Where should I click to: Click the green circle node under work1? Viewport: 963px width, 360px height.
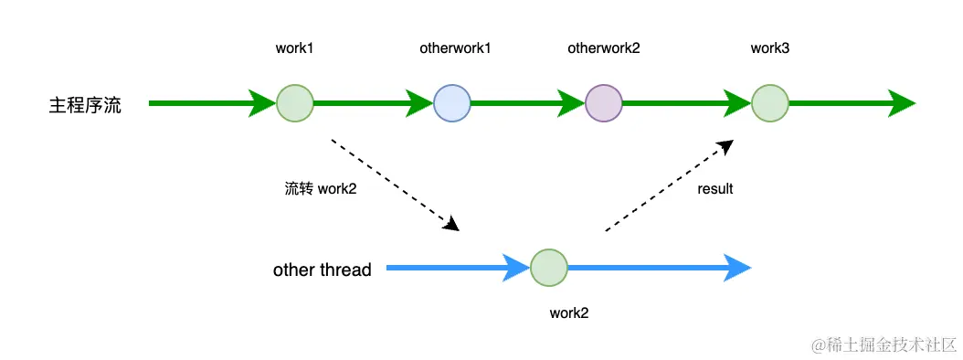(x=294, y=102)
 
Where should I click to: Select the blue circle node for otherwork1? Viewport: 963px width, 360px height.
(x=452, y=102)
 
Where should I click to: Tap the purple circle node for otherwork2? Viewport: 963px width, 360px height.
(x=603, y=102)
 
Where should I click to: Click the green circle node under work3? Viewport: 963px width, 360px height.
(x=769, y=102)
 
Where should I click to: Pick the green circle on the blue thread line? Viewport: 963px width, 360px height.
(x=549, y=268)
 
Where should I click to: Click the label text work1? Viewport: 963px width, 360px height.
(x=294, y=48)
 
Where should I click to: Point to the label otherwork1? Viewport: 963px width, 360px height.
(x=454, y=48)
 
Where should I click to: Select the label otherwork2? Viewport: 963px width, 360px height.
(x=603, y=48)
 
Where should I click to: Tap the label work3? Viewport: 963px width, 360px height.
(x=769, y=48)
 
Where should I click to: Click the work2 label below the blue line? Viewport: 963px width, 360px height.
(x=568, y=312)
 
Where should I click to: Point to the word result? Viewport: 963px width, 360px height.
(x=714, y=189)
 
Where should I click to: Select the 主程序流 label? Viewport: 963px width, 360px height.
(x=85, y=104)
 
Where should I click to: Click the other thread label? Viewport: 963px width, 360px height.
(x=322, y=270)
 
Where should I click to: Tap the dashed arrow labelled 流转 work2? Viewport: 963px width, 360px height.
(x=393, y=183)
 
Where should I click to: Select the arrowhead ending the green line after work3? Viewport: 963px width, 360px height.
(x=902, y=102)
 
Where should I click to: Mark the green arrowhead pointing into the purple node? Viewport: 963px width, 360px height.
(x=572, y=102)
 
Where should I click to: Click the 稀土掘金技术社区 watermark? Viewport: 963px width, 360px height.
(x=878, y=344)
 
